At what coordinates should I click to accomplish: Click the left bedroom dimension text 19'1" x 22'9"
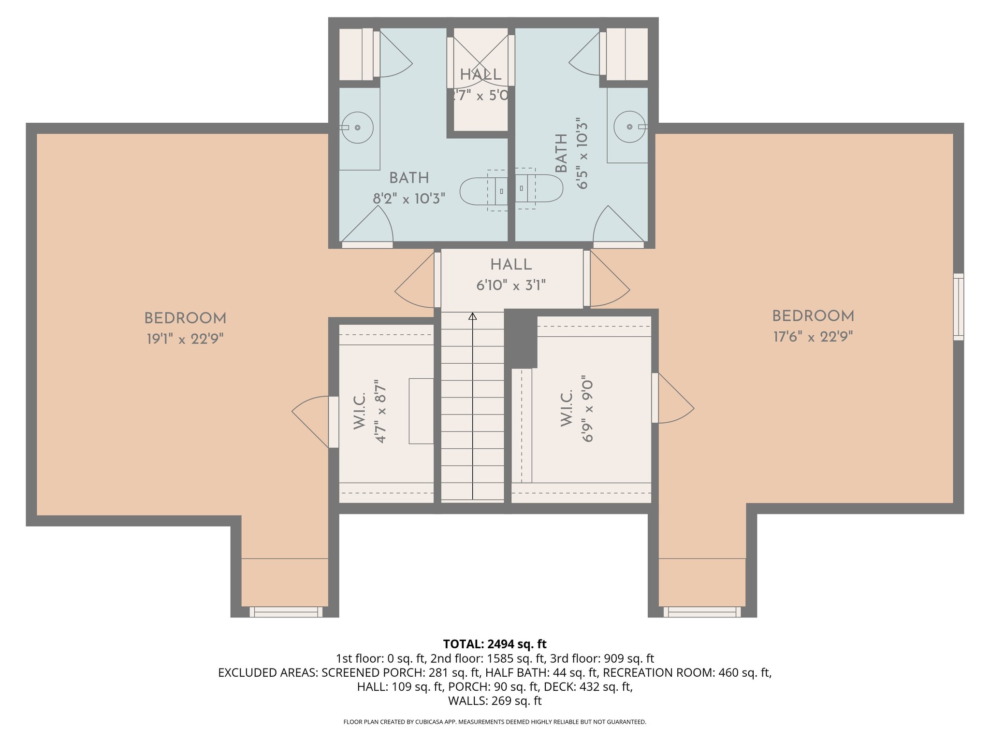click(185, 339)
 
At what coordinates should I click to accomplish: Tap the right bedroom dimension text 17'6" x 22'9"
click(813, 337)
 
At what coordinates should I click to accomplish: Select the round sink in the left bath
click(357, 128)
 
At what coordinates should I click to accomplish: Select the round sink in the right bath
click(629, 127)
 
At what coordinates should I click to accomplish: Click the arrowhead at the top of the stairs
click(473, 316)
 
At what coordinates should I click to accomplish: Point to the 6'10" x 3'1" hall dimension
click(511, 285)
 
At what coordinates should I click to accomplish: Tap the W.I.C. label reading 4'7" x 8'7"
click(380, 411)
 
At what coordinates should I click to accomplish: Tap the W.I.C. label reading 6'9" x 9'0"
click(587, 409)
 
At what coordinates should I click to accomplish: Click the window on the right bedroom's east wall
click(958, 307)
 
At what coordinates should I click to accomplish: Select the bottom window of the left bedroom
click(286, 612)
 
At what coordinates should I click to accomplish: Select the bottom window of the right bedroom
click(702, 612)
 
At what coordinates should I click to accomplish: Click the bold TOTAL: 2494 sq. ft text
click(495, 644)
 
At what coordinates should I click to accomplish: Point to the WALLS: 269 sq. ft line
click(495, 701)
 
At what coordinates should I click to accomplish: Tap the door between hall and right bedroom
click(608, 283)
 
